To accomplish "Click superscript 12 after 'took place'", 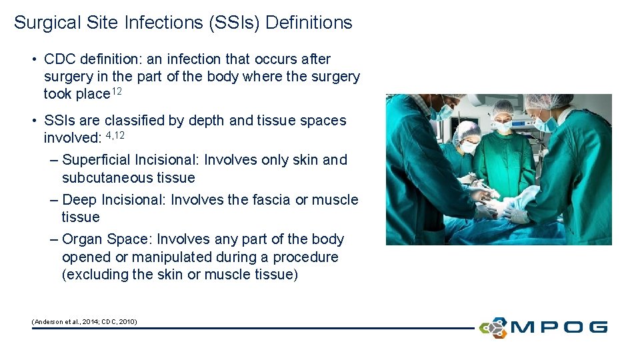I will pyautogui.click(x=117, y=91).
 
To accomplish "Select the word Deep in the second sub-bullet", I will pyautogui.click(x=79, y=200).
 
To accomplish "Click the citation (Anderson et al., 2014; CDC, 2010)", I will pyautogui.click(x=85, y=321).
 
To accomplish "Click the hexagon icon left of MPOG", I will pyautogui.click(x=493, y=327).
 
